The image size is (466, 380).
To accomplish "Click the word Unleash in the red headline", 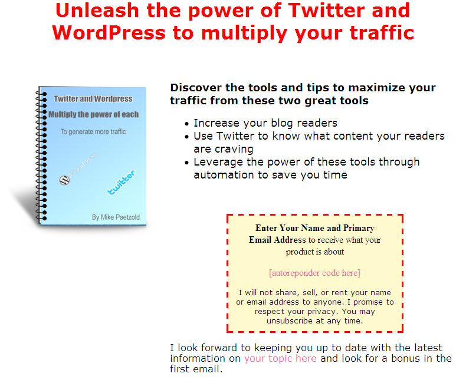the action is (97, 11).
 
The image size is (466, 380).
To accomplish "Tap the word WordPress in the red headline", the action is (109, 32).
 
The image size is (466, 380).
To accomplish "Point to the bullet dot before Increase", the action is (186, 124).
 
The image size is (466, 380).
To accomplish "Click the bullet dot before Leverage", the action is (186, 163).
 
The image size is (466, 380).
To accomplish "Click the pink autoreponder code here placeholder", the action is (314, 273).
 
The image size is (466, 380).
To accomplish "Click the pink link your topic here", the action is (280, 358).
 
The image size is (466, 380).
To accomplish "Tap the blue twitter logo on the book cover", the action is (121, 182).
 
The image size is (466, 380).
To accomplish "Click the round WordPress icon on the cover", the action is (64, 180).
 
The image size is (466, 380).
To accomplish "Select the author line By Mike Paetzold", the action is (116, 217).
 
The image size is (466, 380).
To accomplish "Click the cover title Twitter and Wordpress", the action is (93, 99).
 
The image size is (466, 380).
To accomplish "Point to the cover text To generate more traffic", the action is (93, 131).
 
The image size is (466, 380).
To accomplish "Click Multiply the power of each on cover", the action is (93, 115).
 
